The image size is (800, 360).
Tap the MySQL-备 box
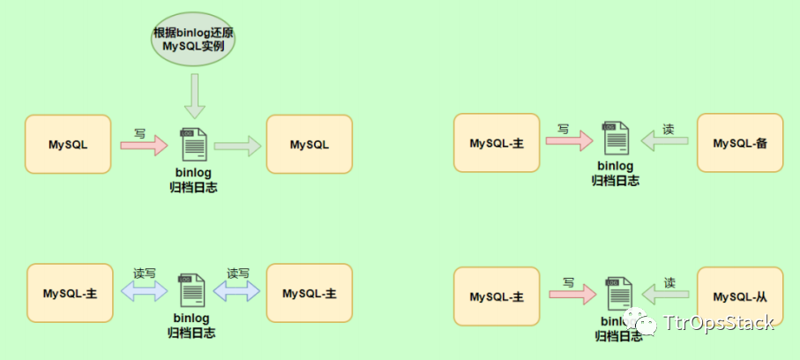tap(740, 143)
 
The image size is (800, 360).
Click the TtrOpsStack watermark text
tap(718, 322)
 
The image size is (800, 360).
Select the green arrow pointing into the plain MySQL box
tap(237, 145)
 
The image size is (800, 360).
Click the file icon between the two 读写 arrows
tap(191, 291)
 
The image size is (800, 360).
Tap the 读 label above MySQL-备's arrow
tap(669, 129)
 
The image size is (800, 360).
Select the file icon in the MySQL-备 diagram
tap(616, 139)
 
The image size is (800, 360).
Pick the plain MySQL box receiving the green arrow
tap(309, 144)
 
